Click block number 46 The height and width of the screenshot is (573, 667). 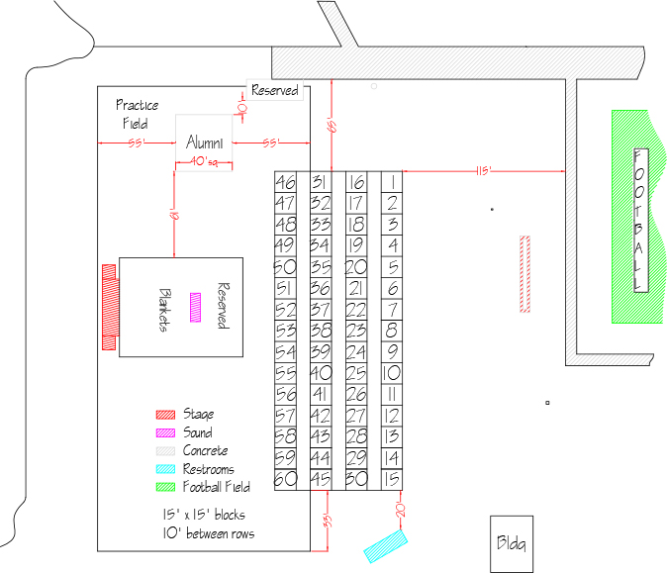pyautogui.click(x=285, y=182)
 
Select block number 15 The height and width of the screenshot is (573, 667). pyautogui.click(x=392, y=480)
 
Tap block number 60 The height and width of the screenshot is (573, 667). pyautogui.click(x=285, y=480)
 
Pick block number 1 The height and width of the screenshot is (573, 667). pyautogui.click(x=392, y=182)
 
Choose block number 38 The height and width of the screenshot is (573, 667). pyautogui.click(x=321, y=331)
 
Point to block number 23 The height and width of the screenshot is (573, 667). pyautogui.click(x=356, y=331)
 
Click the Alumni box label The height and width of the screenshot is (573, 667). pyautogui.click(x=205, y=143)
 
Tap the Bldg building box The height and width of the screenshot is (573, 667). pyautogui.click(x=512, y=544)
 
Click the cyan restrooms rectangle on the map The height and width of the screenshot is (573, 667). pyautogui.click(x=386, y=546)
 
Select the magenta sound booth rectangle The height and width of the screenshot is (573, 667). pyautogui.click(x=195, y=307)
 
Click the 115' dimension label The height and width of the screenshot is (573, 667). pyautogui.click(x=484, y=171)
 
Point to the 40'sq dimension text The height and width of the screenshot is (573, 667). pyautogui.click(x=204, y=161)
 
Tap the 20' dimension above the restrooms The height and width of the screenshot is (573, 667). pyautogui.click(x=401, y=510)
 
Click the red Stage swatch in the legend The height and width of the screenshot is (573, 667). pyautogui.click(x=165, y=415)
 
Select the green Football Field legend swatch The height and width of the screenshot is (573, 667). pyautogui.click(x=165, y=487)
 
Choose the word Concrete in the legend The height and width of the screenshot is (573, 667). pyautogui.click(x=206, y=450)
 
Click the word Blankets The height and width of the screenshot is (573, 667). pyautogui.click(x=165, y=310)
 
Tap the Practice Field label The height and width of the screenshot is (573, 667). pyautogui.click(x=137, y=114)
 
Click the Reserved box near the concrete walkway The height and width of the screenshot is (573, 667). pyautogui.click(x=275, y=90)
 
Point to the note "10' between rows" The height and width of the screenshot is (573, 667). pyautogui.click(x=209, y=533)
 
